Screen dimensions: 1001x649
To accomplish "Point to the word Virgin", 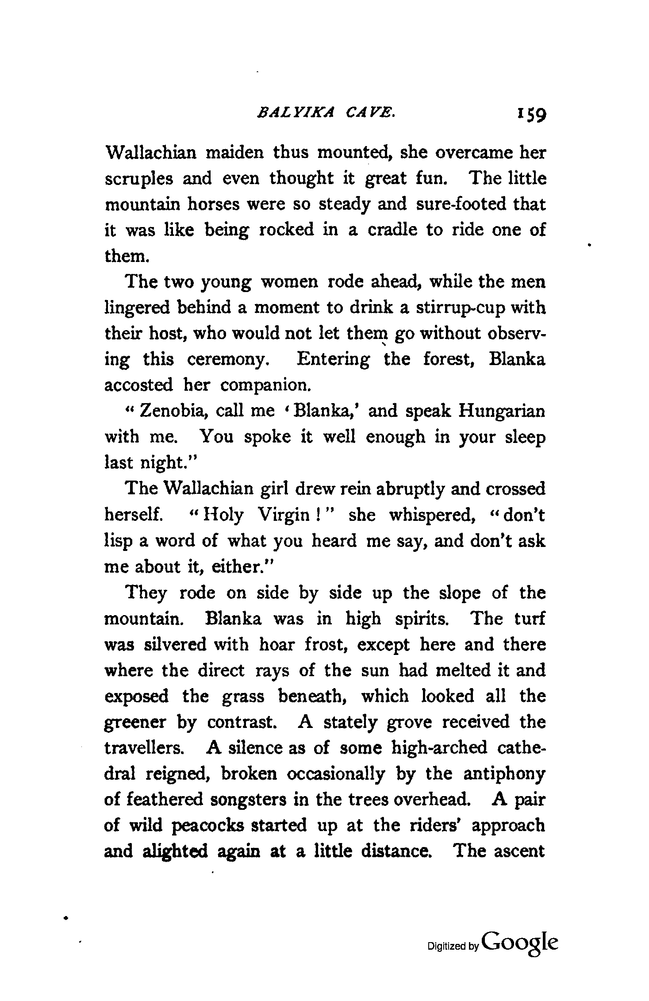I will [284, 515].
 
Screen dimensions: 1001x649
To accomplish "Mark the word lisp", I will [119, 541].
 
